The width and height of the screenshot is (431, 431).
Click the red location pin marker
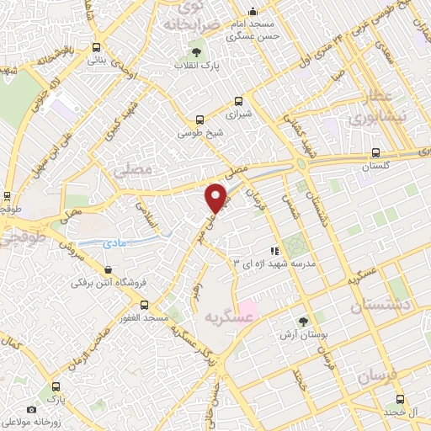coord(216,197)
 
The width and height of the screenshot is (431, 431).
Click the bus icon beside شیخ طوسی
coord(200,120)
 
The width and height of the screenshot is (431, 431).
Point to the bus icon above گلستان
coord(376,153)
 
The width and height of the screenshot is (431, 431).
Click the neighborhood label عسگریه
coord(229,317)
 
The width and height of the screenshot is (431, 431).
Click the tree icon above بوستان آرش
coord(304,322)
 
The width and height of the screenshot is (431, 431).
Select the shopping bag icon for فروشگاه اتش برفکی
coord(107,269)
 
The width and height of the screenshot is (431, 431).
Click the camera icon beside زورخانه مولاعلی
coord(32,409)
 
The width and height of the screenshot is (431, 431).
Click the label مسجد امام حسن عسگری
coord(256,30)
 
